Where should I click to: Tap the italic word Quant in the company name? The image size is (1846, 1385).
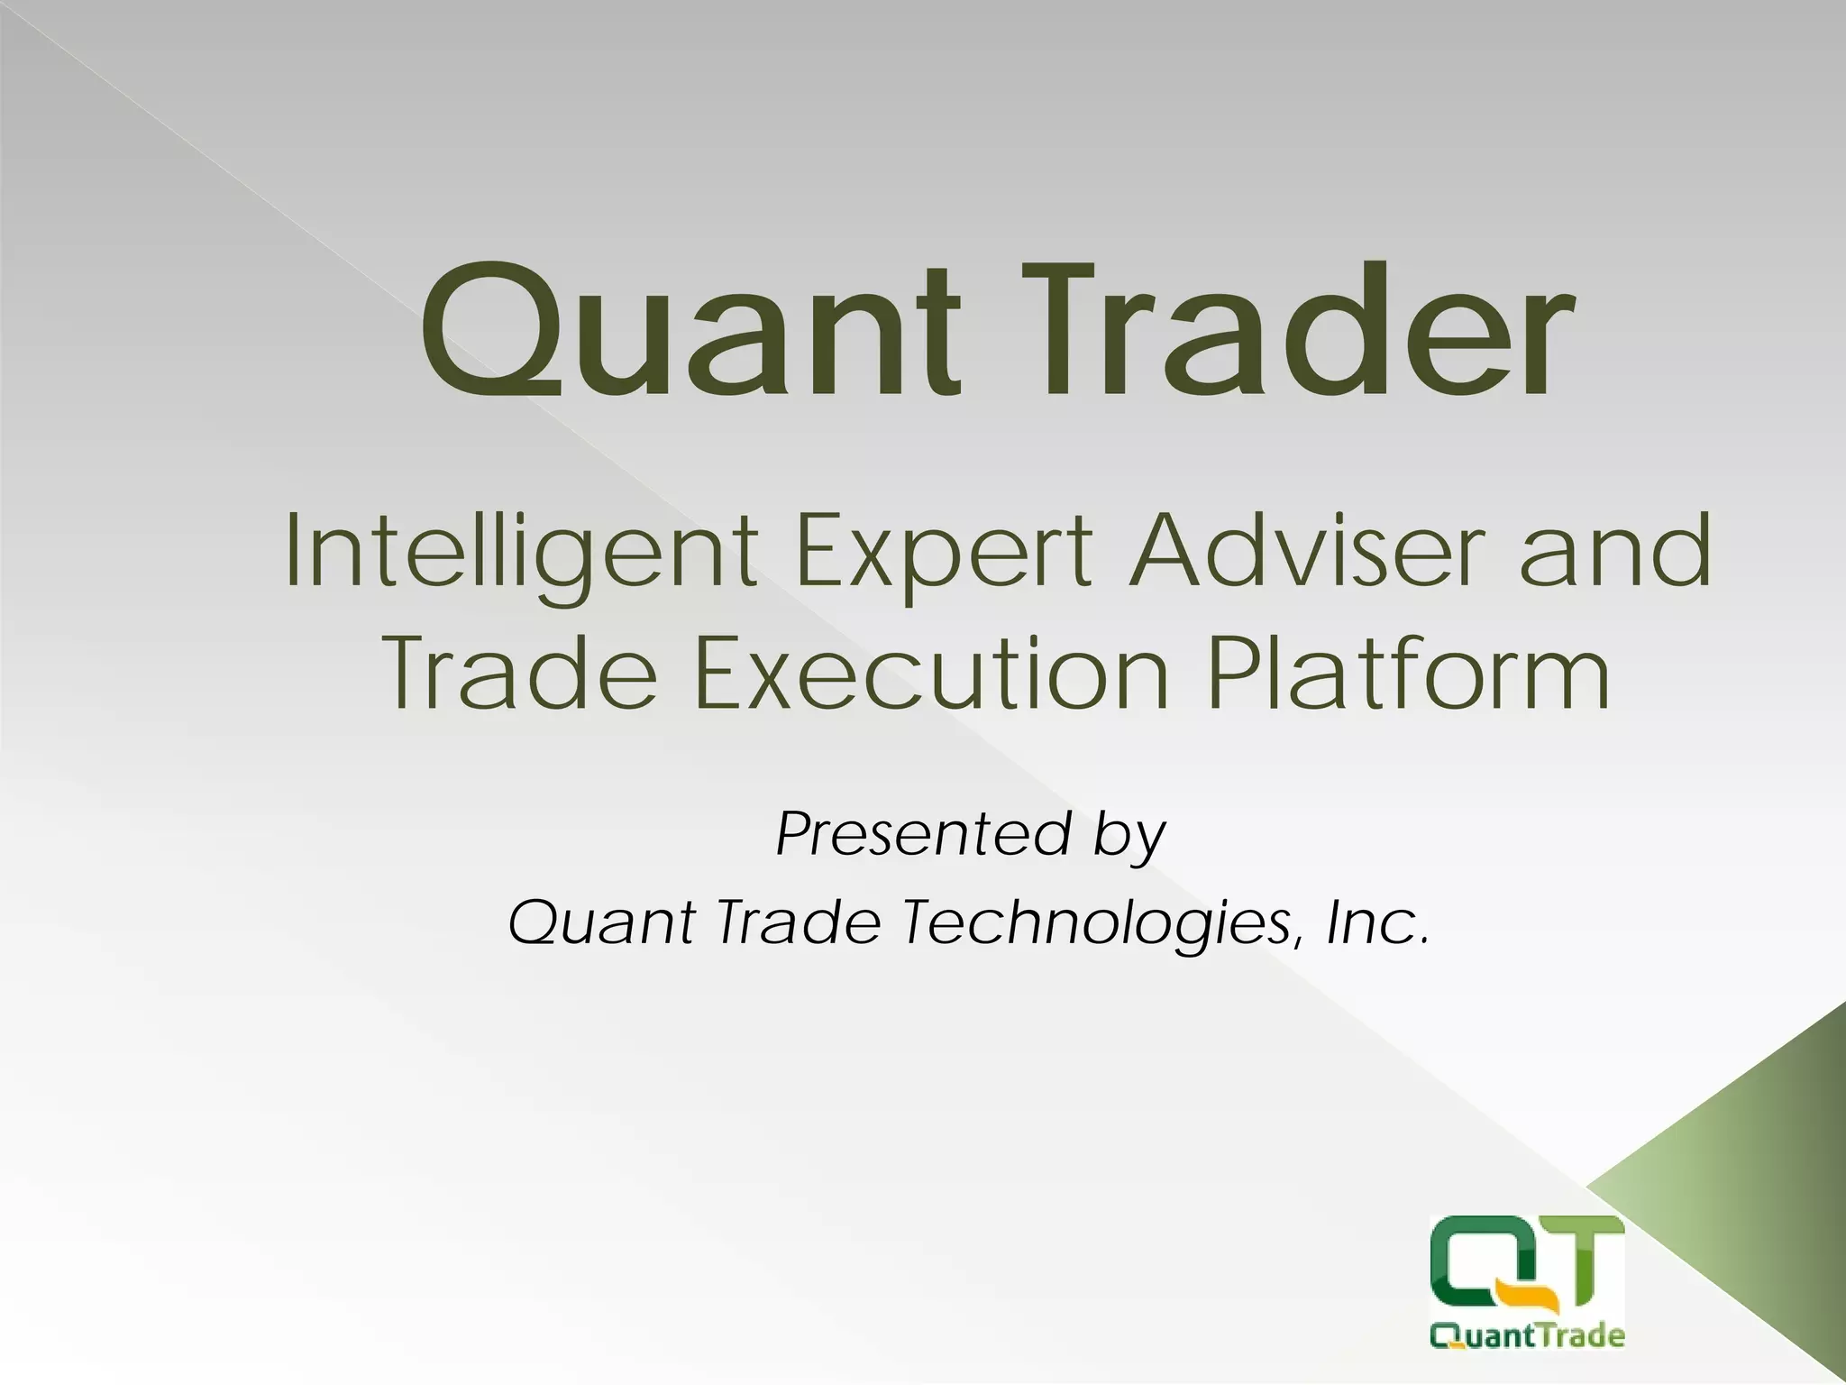[x=600, y=923]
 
